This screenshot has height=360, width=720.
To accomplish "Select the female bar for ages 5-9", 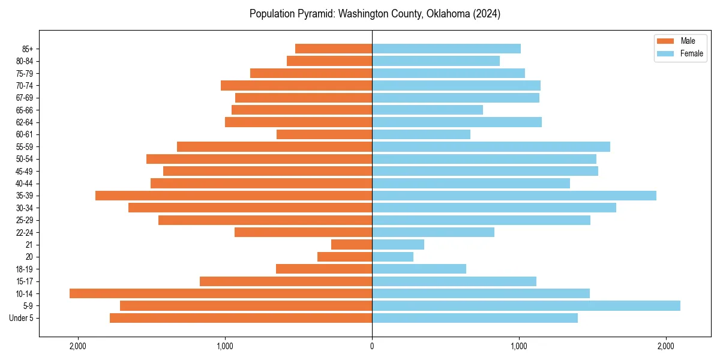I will pyautogui.click(x=526, y=305).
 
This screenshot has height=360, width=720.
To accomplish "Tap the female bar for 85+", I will pyautogui.click(x=446, y=49).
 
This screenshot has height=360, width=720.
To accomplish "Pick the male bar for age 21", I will pyautogui.click(x=352, y=244).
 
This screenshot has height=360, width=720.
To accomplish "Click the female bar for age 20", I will pyautogui.click(x=392, y=257).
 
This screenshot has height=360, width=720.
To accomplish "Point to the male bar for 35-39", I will pyautogui.click(x=234, y=196).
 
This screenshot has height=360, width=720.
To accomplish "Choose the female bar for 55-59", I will pyautogui.click(x=491, y=146).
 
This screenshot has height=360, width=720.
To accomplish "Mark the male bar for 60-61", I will pyautogui.click(x=324, y=134).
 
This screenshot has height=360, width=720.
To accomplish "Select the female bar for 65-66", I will pyautogui.click(x=427, y=110).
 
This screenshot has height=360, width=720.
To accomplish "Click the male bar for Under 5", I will pyautogui.click(x=241, y=318).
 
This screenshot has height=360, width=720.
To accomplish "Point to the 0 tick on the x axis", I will pyautogui.click(x=372, y=346).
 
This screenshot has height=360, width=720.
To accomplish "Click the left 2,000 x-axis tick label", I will pyautogui.click(x=78, y=346).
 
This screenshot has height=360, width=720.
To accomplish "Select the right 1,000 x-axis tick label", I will pyautogui.click(x=519, y=346).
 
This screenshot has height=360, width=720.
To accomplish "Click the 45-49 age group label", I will pyautogui.click(x=24, y=171).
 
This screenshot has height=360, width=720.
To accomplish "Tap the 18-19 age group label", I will pyautogui.click(x=24, y=269).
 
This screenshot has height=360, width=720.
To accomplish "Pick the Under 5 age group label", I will pyautogui.click(x=22, y=318).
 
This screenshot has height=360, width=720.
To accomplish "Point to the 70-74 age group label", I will pyautogui.click(x=24, y=85).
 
